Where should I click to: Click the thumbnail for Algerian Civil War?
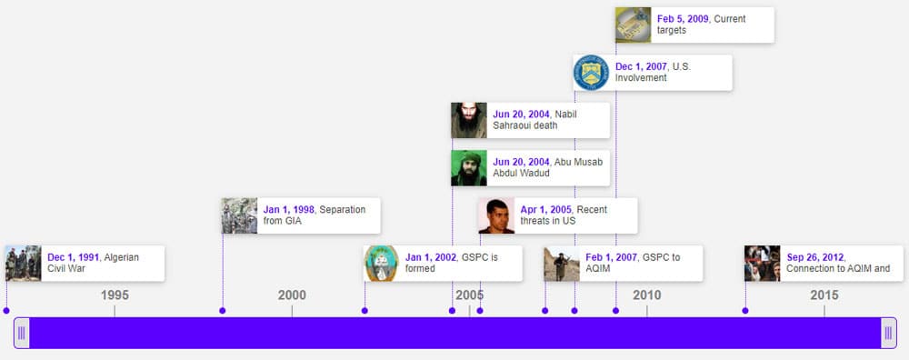point(24,264)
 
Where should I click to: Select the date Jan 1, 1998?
point(289,209)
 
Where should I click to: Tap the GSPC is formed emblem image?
point(382,264)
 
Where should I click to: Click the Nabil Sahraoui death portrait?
point(469,121)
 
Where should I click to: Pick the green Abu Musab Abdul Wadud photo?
point(469,168)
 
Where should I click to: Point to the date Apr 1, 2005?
point(546,209)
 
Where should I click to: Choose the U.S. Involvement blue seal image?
point(592,73)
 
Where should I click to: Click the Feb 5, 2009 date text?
point(683,18)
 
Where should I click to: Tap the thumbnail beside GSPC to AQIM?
point(562,264)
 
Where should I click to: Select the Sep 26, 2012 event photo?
point(763,264)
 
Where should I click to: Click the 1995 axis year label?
point(115,295)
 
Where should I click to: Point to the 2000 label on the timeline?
point(292,295)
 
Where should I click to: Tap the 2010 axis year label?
point(647,295)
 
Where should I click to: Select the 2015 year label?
point(824,295)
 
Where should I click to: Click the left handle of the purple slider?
point(22,333)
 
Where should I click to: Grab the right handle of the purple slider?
point(888,333)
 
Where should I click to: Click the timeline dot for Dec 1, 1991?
point(6,311)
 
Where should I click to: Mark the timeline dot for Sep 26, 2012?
point(745,311)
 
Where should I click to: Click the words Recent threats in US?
point(564,215)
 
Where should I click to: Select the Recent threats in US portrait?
point(496,215)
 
